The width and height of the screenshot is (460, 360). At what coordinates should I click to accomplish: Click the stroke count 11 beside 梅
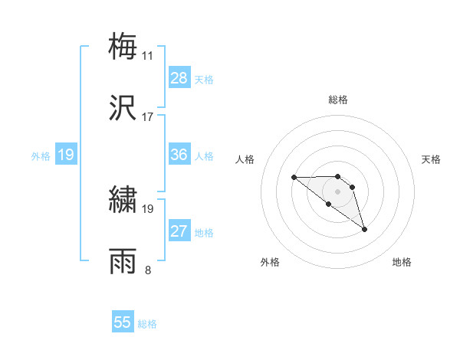148,55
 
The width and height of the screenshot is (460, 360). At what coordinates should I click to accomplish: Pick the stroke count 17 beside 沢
148,117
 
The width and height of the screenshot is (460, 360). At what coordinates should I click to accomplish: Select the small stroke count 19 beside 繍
148,208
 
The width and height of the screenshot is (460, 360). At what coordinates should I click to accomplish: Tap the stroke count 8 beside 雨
148,270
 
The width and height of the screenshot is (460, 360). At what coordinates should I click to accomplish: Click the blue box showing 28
179,78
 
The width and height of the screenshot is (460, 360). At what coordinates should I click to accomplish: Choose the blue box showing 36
179,155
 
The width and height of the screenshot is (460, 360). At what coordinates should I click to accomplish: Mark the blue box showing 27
179,231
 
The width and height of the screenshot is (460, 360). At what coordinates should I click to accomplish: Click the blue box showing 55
123,322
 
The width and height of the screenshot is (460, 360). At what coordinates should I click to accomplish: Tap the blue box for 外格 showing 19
66,155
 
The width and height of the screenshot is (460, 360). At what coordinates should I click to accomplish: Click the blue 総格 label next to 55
147,324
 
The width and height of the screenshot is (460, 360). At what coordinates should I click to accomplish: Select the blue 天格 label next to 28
204,79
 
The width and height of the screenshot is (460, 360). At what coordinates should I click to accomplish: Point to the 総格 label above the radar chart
337,100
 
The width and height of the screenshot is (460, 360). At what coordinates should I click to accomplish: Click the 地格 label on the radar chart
402,263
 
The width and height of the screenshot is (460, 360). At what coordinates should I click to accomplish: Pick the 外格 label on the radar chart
270,263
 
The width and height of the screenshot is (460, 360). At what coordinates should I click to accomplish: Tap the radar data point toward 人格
294,178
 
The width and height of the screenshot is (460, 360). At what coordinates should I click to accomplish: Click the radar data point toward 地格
364,229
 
